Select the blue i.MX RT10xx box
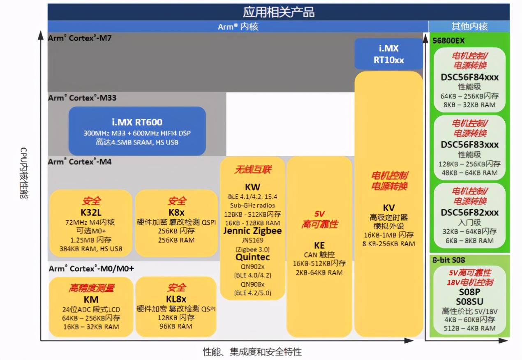pos(388,54)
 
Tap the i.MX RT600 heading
pos(137,122)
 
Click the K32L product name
pos(91,212)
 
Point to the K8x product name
pos(176,212)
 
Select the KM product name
pos(91,299)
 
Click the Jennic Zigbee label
pos(252,231)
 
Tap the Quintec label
pos(252,257)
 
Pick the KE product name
pos(319,245)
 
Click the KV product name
pos(388,208)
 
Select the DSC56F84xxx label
pos(469,77)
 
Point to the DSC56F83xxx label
pos(469,144)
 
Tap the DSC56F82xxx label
pos(469,212)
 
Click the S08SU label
pos(469,301)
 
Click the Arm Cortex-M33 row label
pos(82,98)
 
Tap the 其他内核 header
pos(469,27)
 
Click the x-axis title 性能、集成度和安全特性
pos(252,352)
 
